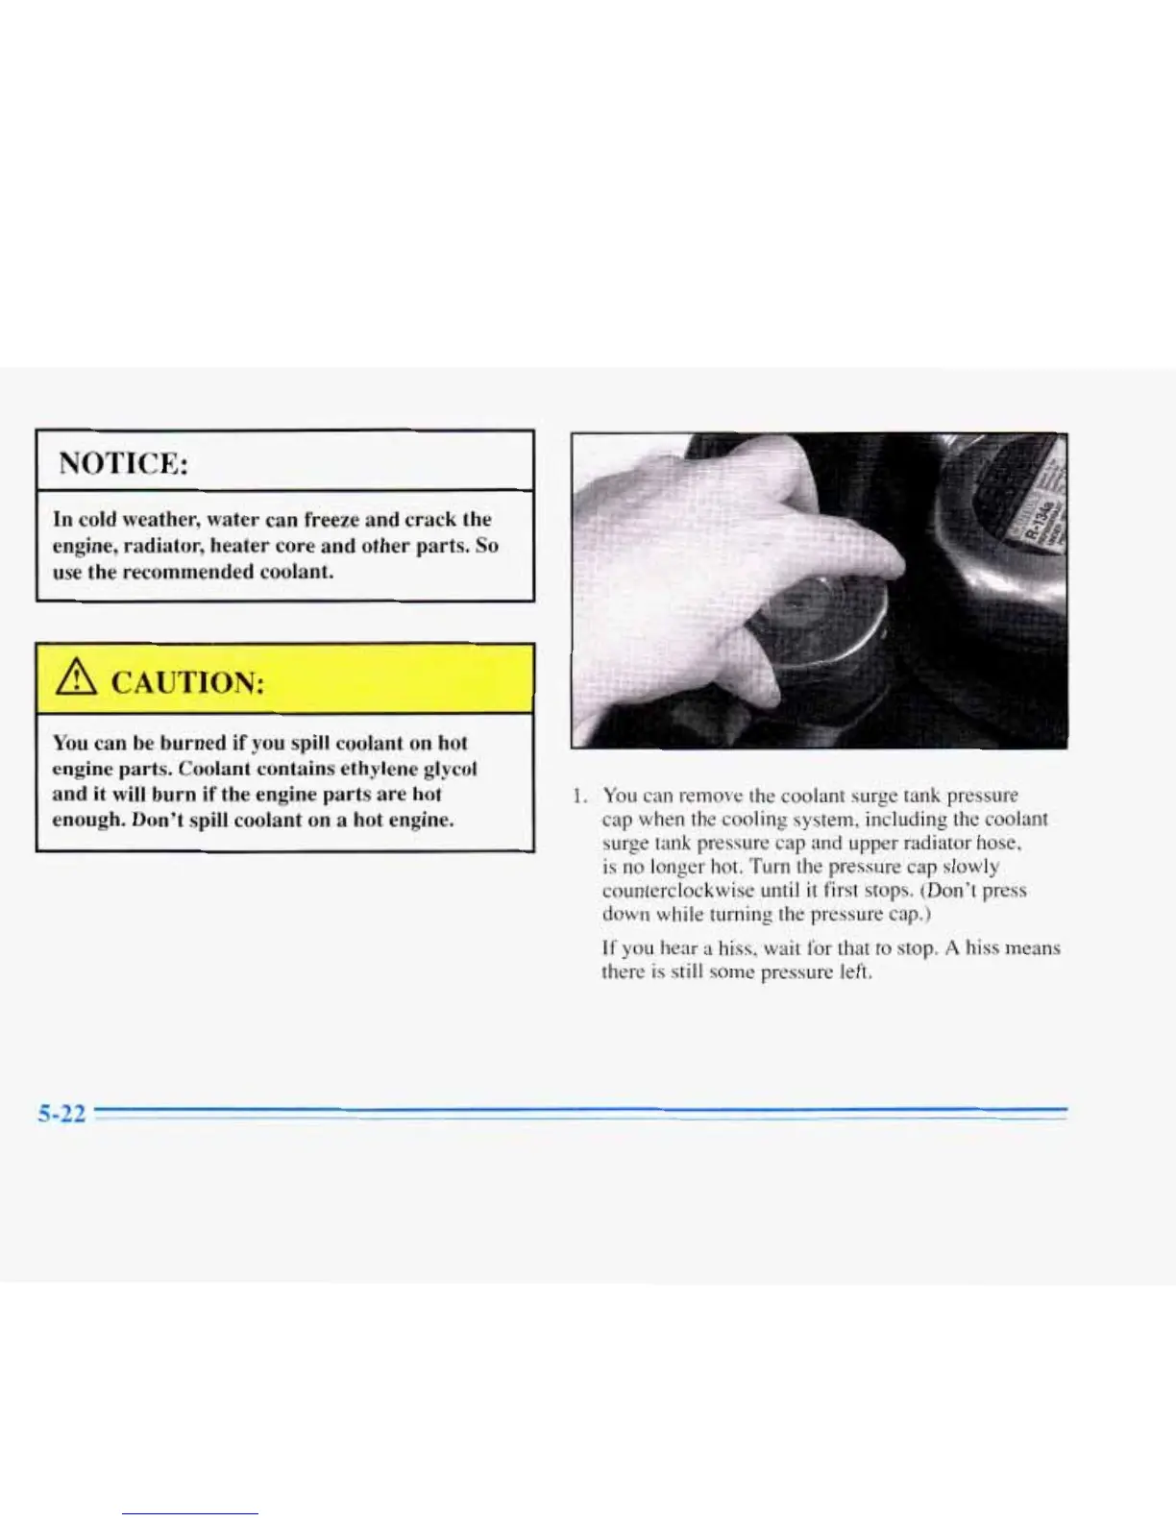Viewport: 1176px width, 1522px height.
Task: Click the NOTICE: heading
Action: [x=123, y=463]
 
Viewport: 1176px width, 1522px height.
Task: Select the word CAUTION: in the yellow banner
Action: [x=187, y=683]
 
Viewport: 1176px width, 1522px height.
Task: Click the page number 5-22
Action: [x=61, y=1115]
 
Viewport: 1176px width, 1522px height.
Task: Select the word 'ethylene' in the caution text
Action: [x=372, y=769]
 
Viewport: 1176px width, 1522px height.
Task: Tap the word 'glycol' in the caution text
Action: [x=450, y=769]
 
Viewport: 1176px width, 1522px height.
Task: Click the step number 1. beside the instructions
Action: [x=578, y=796]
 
